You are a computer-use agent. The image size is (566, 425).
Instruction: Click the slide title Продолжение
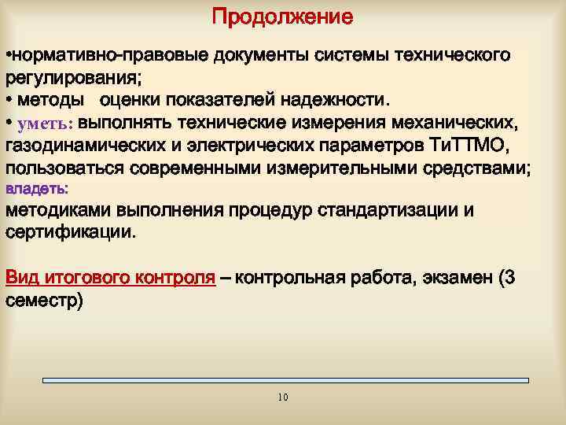pyautogui.click(x=282, y=17)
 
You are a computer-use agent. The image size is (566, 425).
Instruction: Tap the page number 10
pyautogui.click(x=283, y=397)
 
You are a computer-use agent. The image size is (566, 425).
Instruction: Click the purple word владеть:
pyautogui.click(x=37, y=189)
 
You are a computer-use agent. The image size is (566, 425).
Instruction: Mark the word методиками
pyautogui.click(x=58, y=211)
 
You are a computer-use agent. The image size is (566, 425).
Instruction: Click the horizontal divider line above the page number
pyautogui.click(x=285, y=381)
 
